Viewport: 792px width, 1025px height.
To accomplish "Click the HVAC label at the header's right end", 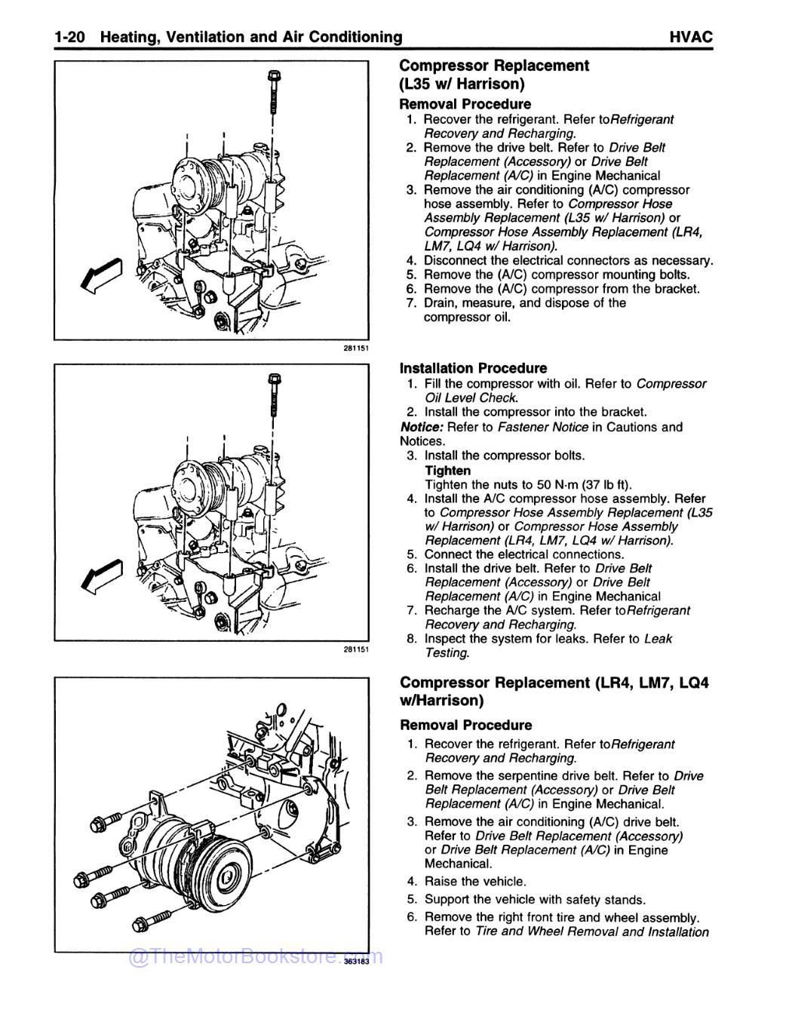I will (x=690, y=37).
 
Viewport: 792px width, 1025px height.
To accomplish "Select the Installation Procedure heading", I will (x=473, y=368).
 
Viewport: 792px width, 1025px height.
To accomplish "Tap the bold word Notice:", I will (x=422, y=427).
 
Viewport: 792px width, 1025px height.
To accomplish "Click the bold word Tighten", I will (x=448, y=471).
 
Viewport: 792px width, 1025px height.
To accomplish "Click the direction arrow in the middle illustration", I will (x=101, y=576).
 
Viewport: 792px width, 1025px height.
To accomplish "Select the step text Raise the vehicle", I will (x=475, y=881).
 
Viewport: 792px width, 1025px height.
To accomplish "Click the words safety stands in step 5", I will (x=611, y=899).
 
